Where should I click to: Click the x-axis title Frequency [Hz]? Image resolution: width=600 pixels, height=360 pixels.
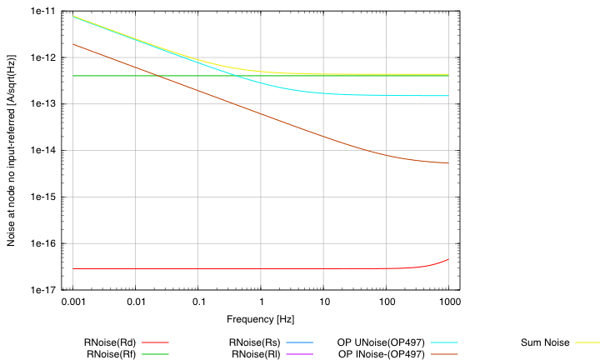click(261, 318)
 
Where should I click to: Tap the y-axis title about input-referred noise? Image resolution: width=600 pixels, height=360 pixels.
click(13, 150)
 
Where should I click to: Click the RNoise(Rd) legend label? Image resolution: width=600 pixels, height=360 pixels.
click(111, 342)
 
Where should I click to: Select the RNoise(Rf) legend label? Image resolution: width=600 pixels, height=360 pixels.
click(111, 354)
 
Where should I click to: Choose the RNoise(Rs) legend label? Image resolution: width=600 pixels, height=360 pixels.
click(257, 342)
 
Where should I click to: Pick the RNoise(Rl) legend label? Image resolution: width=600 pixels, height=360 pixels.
click(257, 354)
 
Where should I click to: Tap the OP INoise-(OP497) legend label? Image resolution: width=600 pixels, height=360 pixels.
click(382, 354)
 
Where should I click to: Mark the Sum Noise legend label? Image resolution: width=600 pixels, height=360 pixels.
click(545, 342)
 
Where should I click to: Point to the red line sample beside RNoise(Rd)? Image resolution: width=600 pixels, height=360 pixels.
click(156, 342)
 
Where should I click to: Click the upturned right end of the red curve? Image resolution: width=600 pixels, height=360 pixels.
click(447, 260)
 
